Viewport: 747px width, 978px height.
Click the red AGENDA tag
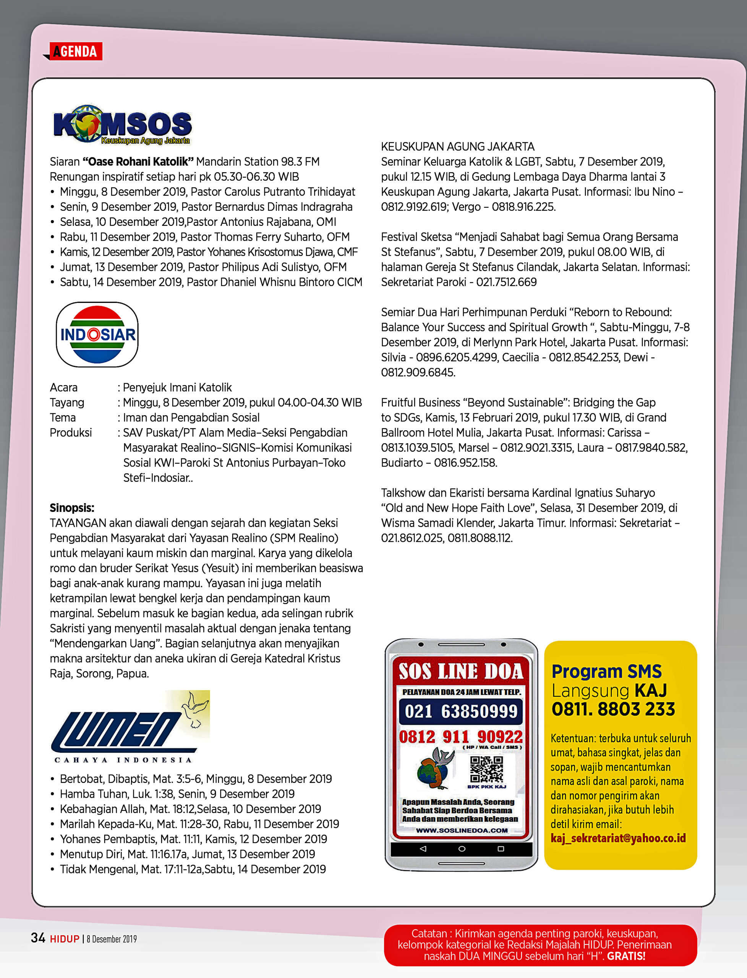click(x=76, y=52)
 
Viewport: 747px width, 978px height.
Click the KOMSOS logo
click(x=122, y=125)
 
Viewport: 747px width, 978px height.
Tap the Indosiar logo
click(x=97, y=334)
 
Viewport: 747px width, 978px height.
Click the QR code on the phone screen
click(x=486, y=769)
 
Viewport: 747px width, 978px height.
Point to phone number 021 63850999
click(x=461, y=711)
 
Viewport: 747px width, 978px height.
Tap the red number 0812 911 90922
click(x=461, y=737)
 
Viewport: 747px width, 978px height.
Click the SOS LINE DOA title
click(x=461, y=671)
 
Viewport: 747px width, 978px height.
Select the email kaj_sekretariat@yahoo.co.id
click(x=618, y=839)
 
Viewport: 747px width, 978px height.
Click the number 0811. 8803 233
click(x=613, y=709)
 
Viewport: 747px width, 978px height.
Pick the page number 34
click(x=38, y=938)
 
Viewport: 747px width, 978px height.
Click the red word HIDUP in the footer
click(x=65, y=939)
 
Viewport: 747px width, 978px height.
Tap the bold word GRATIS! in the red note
click(x=626, y=956)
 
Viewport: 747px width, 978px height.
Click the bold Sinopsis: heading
click(x=72, y=508)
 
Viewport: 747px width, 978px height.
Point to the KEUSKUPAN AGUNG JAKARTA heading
click(x=457, y=147)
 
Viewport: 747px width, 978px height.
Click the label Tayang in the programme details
click(x=67, y=402)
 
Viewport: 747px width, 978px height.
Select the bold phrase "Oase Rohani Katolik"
click(x=138, y=162)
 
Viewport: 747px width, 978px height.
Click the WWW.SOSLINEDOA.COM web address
click(x=462, y=831)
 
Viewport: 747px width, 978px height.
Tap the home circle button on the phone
click(x=462, y=848)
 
